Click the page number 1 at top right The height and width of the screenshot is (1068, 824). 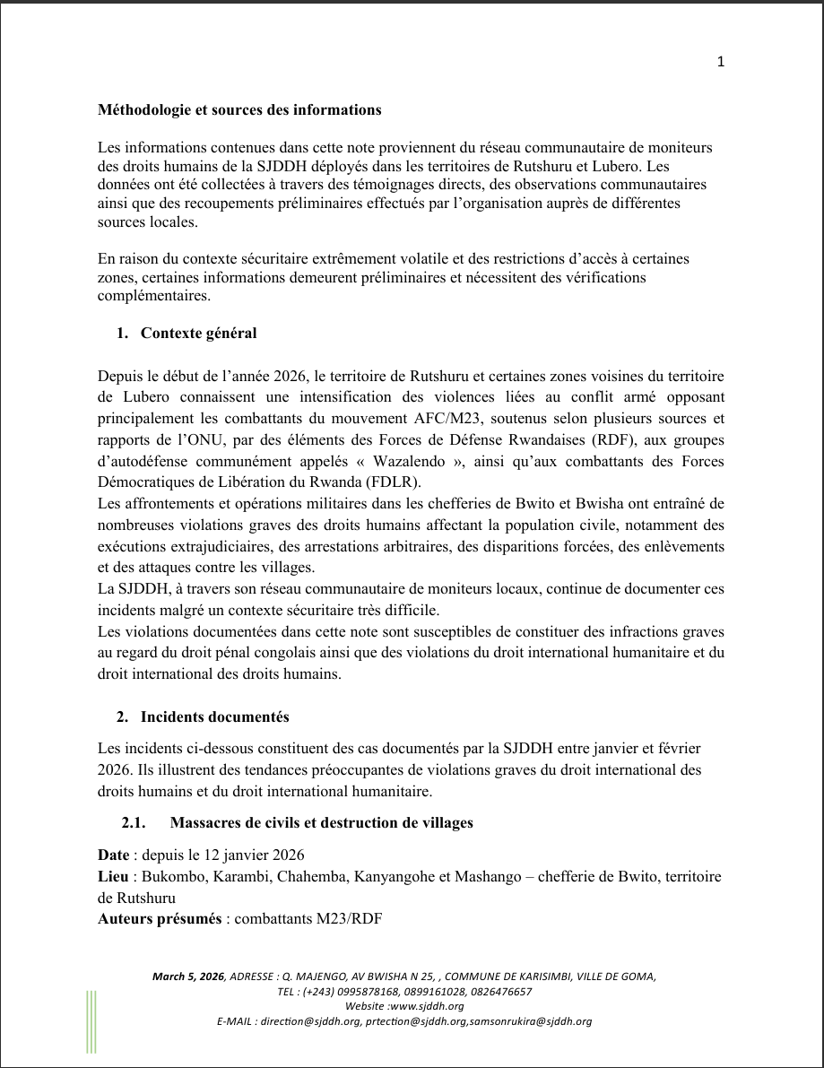[721, 62]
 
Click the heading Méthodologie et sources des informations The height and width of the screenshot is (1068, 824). [239, 110]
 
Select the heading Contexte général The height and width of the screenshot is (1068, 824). [198, 334]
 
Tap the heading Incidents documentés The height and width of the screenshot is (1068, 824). [214, 717]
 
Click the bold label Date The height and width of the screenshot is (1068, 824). [114, 855]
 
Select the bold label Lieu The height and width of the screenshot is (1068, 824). [113, 876]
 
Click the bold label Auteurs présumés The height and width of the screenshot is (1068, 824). [160, 918]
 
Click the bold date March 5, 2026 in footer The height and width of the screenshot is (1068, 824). [188, 977]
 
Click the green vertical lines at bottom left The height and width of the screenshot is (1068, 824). [91, 1021]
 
